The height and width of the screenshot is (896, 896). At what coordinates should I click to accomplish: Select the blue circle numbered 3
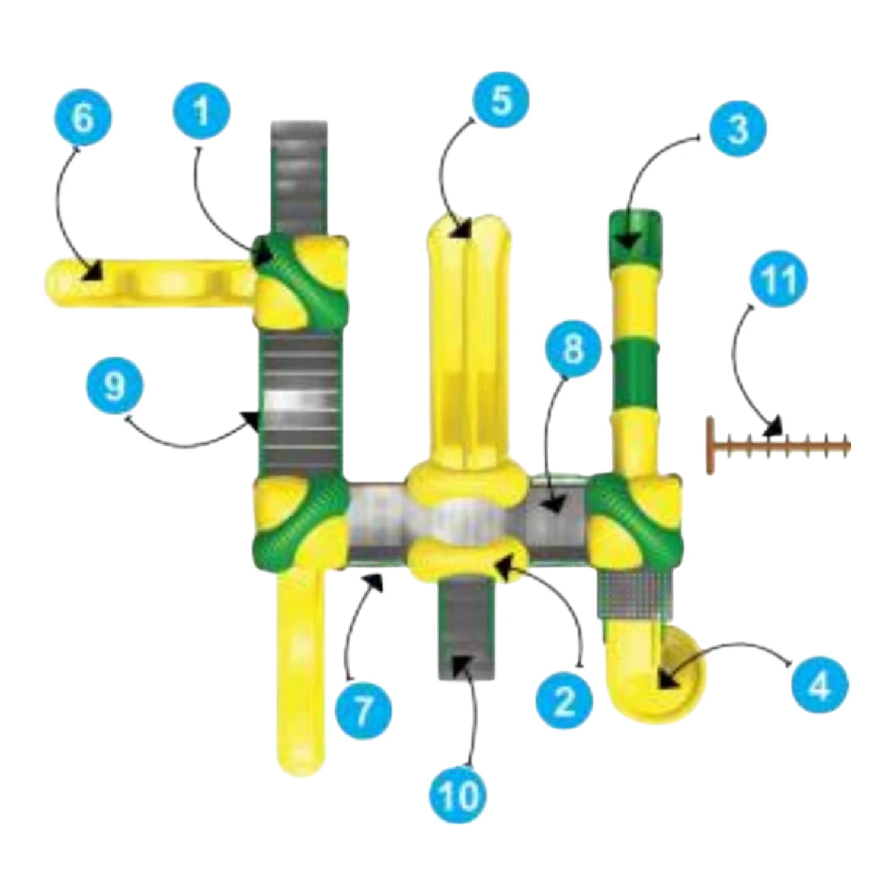(x=738, y=129)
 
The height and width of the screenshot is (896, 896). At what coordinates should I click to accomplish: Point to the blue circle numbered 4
(x=820, y=686)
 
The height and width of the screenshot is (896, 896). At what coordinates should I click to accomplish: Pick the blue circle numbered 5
(x=501, y=100)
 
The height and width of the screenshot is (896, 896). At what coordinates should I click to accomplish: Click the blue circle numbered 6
(x=83, y=117)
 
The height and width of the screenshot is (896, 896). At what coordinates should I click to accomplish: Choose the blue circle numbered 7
(x=363, y=709)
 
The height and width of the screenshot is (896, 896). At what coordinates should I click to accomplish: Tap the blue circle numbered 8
(x=572, y=348)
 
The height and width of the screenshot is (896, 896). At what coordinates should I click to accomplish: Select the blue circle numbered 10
(x=458, y=794)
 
